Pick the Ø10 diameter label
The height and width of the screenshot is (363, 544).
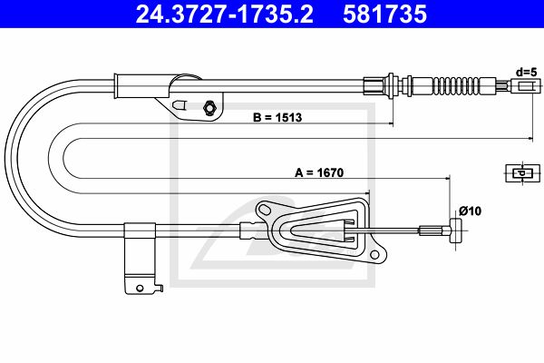click(x=469, y=211)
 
